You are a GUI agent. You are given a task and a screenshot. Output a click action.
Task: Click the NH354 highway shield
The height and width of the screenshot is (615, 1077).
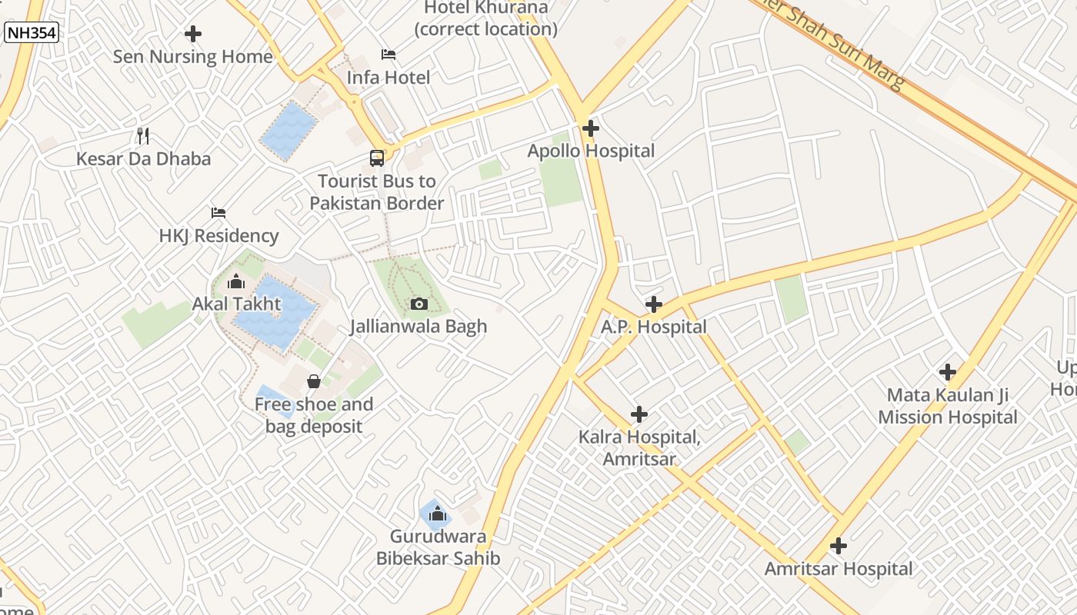point(32,32)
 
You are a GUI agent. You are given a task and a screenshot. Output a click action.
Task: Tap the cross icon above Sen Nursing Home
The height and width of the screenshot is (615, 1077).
point(193,34)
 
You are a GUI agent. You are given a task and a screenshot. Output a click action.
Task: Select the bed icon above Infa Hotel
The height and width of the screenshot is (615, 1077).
point(388,55)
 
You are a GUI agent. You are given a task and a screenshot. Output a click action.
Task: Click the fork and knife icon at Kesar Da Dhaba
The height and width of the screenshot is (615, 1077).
point(143,136)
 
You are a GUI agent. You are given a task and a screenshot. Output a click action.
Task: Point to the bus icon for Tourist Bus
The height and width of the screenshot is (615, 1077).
point(377,158)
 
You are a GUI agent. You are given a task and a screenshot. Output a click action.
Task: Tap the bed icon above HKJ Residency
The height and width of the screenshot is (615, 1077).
point(218,213)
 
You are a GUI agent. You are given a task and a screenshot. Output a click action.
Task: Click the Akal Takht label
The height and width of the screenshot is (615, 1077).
point(237,304)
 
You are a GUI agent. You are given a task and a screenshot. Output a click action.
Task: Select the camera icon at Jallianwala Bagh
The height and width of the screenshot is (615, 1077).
point(419,304)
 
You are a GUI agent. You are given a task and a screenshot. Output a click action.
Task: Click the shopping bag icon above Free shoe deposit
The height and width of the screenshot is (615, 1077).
point(314,381)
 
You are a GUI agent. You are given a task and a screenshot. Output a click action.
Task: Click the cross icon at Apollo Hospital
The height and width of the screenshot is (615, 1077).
point(591,128)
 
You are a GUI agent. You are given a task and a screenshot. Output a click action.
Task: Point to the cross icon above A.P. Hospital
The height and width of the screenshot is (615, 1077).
point(654,304)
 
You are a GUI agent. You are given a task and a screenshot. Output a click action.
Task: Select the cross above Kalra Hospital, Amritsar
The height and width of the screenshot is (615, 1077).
point(639,415)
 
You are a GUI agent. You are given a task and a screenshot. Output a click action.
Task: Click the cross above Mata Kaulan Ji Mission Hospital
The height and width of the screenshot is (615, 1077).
point(948,373)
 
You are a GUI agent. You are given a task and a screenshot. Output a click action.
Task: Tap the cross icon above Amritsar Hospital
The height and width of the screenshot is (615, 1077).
point(839,547)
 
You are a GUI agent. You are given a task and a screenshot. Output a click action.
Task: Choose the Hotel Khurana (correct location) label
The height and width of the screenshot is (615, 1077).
point(486,18)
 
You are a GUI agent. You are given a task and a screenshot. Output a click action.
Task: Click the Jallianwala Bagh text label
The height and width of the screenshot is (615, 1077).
point(418,326)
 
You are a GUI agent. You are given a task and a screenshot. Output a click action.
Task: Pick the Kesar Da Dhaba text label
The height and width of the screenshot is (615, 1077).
point(143,159)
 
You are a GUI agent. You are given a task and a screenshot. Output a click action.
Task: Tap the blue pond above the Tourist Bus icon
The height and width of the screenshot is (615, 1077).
point(288,131)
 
